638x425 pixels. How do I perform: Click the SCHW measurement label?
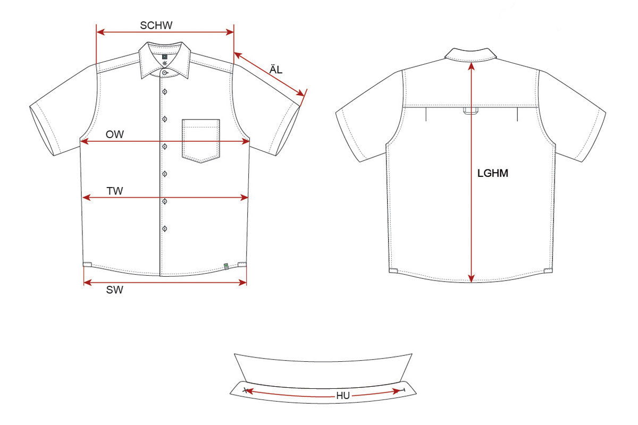point(156,25)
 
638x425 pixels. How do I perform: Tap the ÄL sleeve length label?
point(276,69)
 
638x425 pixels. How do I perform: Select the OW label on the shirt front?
point(115,134)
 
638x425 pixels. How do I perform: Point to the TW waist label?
point(115,191)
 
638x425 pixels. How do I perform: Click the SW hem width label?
point(114,290)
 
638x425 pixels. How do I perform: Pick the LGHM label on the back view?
point(493,173)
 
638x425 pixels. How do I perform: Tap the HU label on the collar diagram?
point(343,396)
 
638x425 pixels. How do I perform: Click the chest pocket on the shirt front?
point(201,141)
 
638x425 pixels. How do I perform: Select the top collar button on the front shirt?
point(165,73)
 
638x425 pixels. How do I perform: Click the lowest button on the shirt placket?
point(165,228)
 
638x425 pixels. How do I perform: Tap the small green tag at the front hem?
point(226,266)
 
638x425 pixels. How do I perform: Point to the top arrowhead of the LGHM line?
point(472,66)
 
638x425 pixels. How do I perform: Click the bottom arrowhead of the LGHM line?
point(472,278)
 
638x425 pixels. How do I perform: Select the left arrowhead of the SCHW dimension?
point(101,32)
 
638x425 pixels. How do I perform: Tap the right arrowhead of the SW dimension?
point(242,283)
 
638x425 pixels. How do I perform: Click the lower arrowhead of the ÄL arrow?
point(300,93)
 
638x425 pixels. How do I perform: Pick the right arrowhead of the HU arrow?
point(397,391)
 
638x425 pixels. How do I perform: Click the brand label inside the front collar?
point(164,57)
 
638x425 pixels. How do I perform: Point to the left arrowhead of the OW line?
point(85,141)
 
